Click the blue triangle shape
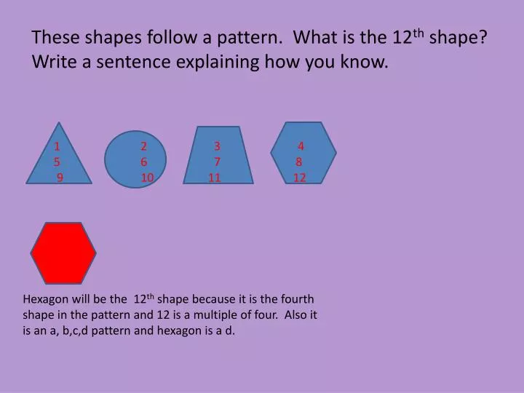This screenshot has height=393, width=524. (x=59, y=164)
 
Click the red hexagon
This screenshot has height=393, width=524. (x=63, y=253)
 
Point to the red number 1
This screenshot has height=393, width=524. (x=56, y=146)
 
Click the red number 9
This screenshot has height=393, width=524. (x=60, y=178)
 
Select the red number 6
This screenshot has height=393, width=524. (x=144, y=162)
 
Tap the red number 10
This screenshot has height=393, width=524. (x=147, y=178)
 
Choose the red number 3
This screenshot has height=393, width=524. (x=217, y=146)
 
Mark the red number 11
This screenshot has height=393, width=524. (x=214, y=178)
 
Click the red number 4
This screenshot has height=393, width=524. (x=301, y=146)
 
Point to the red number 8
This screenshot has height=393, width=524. (x=298, y=162)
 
